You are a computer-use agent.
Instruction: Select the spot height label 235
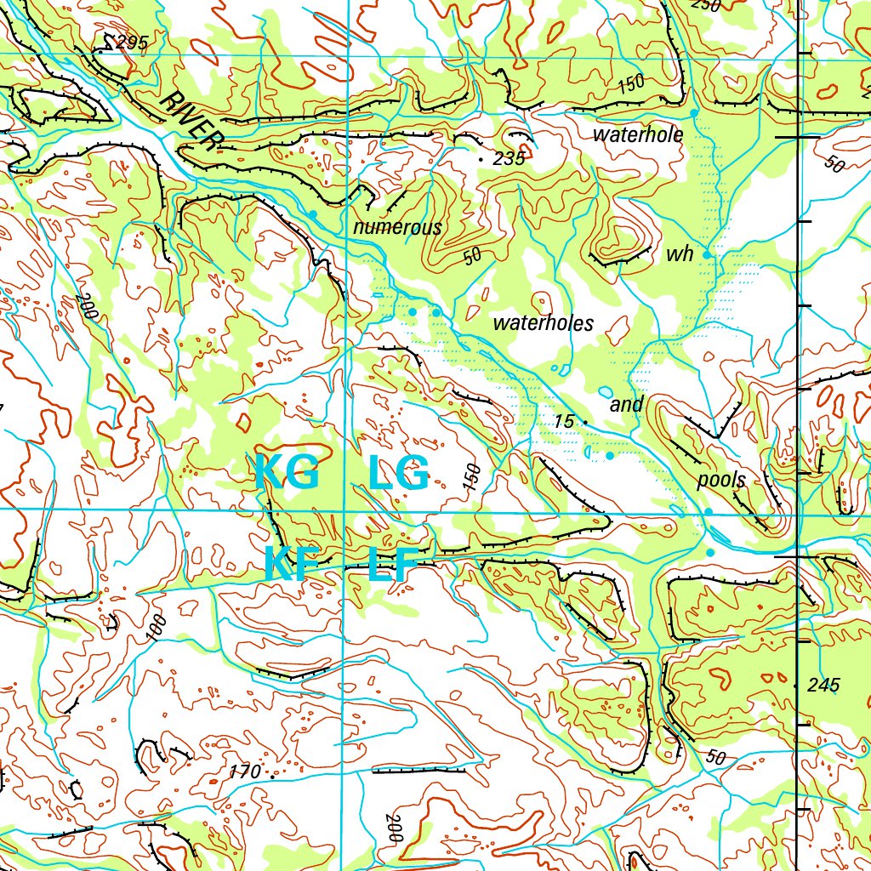(x=509, y=158)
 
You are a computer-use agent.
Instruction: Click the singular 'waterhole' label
(x=638, y=134)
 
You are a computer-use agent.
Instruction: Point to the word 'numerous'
(x=397, y=227)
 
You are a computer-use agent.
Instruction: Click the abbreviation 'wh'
(x=680, y=254)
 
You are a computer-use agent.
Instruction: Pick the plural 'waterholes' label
(x=543, y=322)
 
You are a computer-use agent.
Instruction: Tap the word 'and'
(x=626, y=405)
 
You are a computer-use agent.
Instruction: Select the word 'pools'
(x=721, y=480)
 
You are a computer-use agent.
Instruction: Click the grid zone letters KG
(x=287, y=473)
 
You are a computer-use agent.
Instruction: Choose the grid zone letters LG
(x=398, y=473)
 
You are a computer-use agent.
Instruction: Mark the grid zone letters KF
(x=290, y=564)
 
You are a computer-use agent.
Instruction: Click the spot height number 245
(x=823, y=685)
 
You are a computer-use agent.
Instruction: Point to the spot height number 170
(x=245, y=772)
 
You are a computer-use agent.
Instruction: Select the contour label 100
(x=157, y=628)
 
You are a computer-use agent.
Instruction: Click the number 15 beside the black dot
(x=565, y=421)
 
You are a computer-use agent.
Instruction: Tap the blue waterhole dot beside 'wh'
(x=706, y=254)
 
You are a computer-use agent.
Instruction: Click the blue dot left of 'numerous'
(x=313, y=215)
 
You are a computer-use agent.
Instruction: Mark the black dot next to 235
(x=481, y=159)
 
